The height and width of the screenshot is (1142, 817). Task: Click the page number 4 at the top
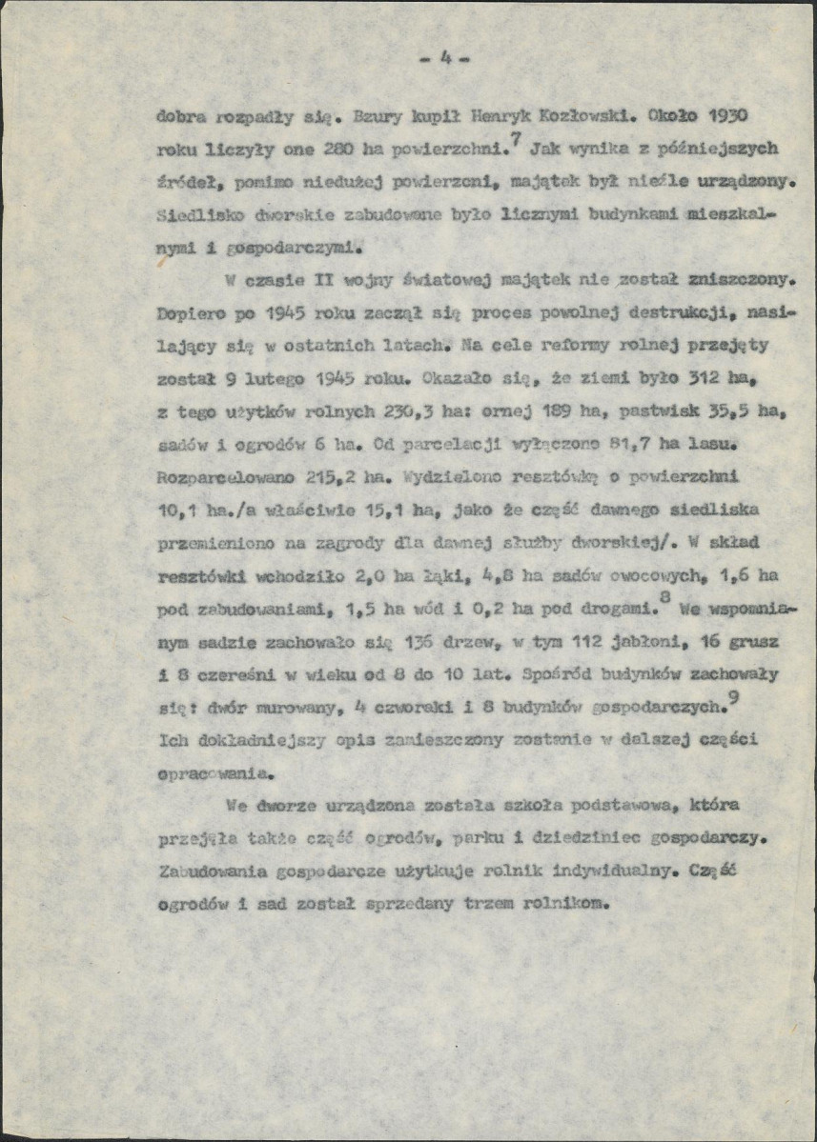point(444,58)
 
